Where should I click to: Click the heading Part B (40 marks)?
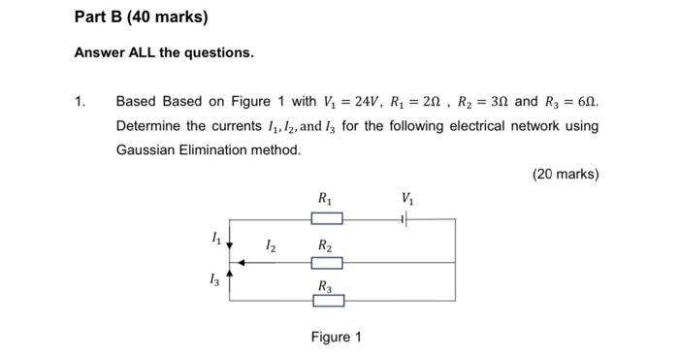click(x=141, y=17)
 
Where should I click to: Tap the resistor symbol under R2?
click(x=327, y=262)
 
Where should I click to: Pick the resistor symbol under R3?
click(x=327, y=301)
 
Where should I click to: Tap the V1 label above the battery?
click(x=406, y=200)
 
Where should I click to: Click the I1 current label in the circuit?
click(x=216, y=236)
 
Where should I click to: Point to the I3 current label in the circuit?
click(x=214, y=279)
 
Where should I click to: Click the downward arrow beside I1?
click(x=230, y=245)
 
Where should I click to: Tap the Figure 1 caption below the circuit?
click(x=336, y=337)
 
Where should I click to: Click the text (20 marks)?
click(x=566, y=174)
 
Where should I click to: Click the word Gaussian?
click(x=146, y=149)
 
